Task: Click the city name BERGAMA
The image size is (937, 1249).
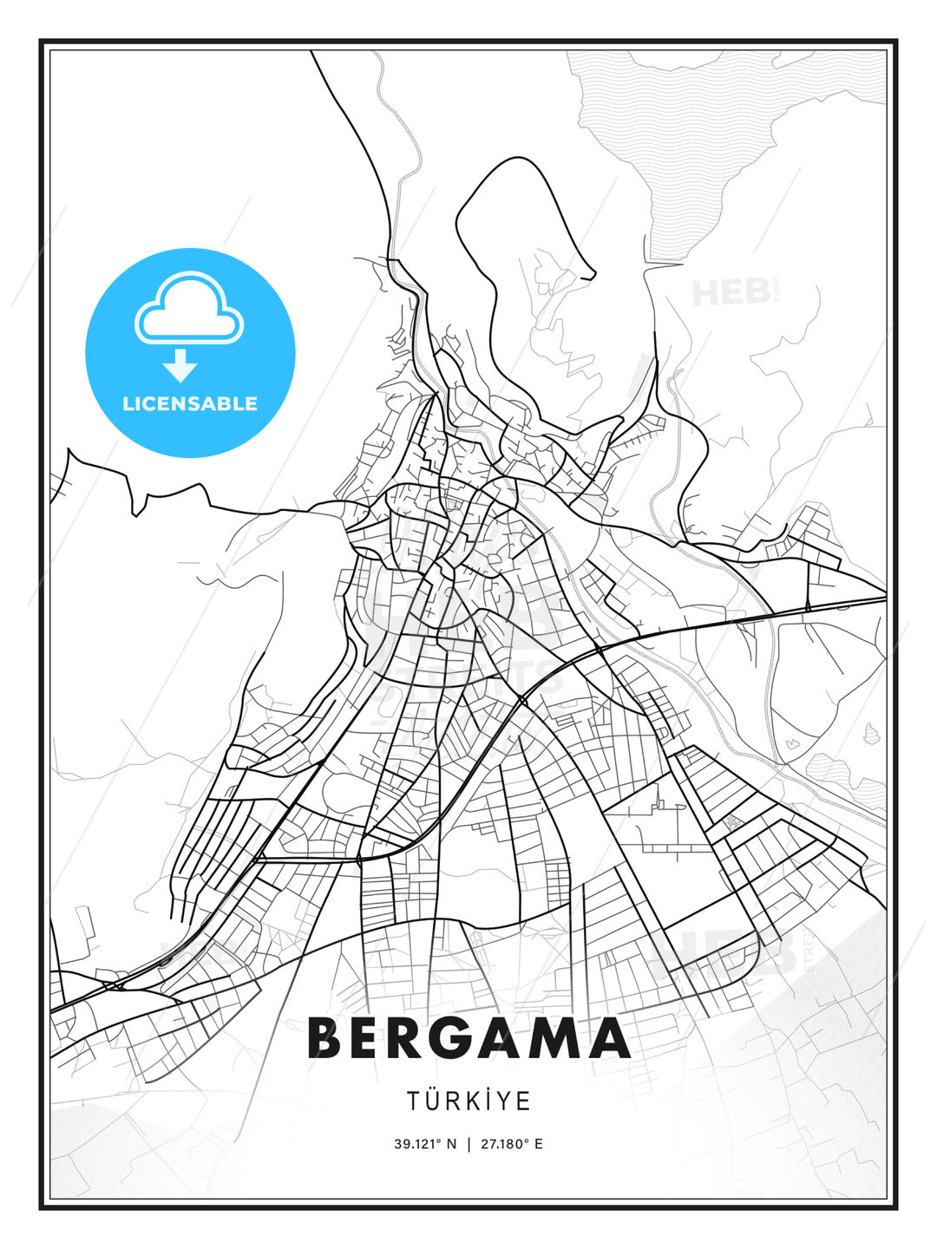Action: click(x=468, y=1038)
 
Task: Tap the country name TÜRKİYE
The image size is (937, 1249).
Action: click(x=468, y=1102)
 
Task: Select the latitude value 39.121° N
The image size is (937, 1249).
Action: click(x=425, y=1144)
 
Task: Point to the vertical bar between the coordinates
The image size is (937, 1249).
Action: click(x=468, y=1144)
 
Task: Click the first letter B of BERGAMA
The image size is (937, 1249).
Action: click(x=325, y=1038)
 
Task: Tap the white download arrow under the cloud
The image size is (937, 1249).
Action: click(x=180, y=364)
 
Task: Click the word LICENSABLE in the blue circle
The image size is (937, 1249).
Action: click(x=190, y=403)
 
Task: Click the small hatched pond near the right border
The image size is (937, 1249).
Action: click(x=871, y=733)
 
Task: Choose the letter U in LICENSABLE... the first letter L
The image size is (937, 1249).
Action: click(x=128, y=403)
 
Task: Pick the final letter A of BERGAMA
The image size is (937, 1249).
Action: click(x=607, y=1038)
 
